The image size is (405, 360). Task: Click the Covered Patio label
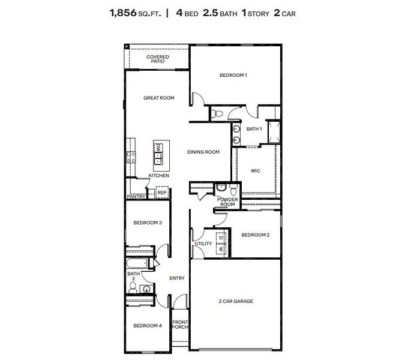tap(158, 59)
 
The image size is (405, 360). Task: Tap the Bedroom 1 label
tap(233, 75)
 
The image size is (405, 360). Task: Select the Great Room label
tap(158, 97)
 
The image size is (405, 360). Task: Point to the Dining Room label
tap(203, 152)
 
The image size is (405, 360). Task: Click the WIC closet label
tap(256, 171)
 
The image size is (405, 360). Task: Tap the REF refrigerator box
tap(161, 193)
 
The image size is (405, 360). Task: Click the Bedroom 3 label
tap(148, 223)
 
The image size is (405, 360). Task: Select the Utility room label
tap(203, 244)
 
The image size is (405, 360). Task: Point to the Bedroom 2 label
tap(255, 235)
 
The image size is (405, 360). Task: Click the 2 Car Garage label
tap(235, 301)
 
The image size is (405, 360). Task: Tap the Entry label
tap(177, 278)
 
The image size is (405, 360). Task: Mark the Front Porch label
tap(180, 325)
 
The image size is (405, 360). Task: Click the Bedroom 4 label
tap(148, 326)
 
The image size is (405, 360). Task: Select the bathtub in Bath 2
tap(140, 263)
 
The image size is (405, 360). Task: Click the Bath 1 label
tap(254, 129)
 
